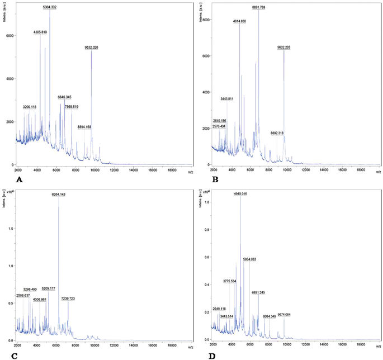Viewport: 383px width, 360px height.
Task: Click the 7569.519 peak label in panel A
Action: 72,107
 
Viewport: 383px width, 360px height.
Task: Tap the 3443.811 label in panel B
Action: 226,99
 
